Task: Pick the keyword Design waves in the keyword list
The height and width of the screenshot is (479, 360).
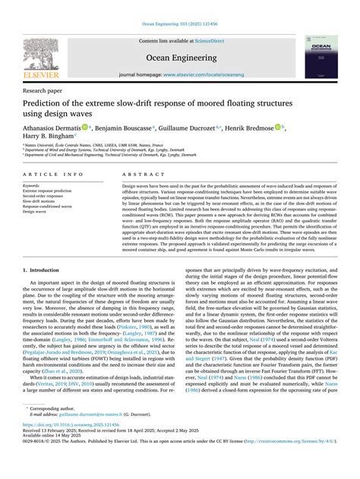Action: point(36,212)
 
